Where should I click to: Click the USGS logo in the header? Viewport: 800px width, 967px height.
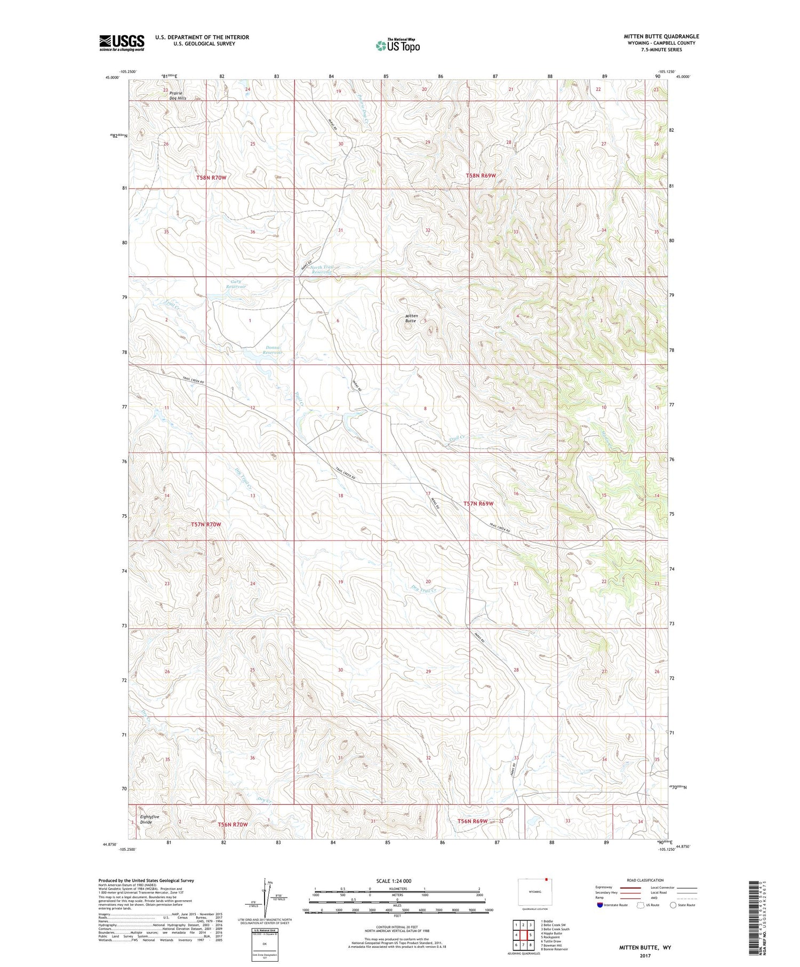[x=122, y=43]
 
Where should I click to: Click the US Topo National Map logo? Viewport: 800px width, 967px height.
[x=398, y=45]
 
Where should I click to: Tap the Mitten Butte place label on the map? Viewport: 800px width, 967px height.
[x=411, y=318]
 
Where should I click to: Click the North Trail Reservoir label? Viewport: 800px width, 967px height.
[x=322, y=269]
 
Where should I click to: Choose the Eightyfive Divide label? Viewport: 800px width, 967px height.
[x=149, y=819]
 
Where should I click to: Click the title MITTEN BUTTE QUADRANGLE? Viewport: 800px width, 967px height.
[x=661, y=36]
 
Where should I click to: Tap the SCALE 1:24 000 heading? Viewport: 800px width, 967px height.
[x=394, y=881]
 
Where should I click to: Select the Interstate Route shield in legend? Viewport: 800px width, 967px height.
[x=601, y=905]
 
